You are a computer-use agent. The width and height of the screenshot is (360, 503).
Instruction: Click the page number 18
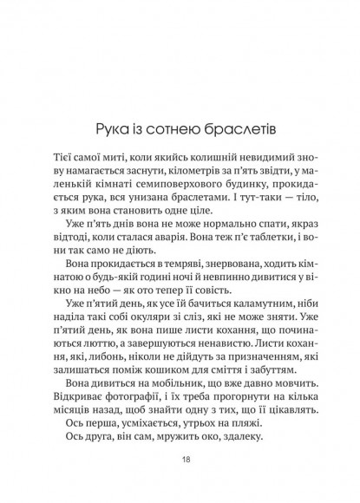180,461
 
